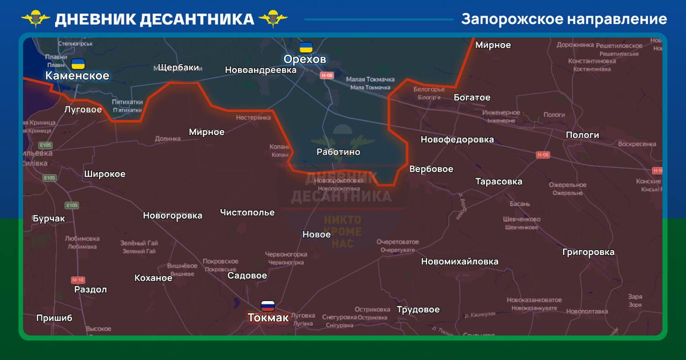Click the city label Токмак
(x=268, y=318)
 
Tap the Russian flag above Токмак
(x=268, y=306)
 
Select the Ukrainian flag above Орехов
(x=306, y=47)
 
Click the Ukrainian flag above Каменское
(x=78, y=64)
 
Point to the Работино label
(x=338, y=152)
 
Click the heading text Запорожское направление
(x=564, y=19)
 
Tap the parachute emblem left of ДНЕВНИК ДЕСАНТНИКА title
(x=36, y=19)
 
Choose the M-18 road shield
(x=78, y=280)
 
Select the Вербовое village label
(x=431, y=169)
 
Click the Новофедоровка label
(x=457, y=140)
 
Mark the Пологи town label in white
(x=582, y=135)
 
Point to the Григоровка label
(x=588, y=252)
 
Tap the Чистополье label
(x=247, y=213)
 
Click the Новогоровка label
(x=173, y=216)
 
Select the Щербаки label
(x=179, y=67)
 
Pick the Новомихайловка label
(x=459, y=262)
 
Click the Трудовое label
(x=418, y=310)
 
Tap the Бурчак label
(x=49, y=219)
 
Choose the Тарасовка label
(x=498, y=182)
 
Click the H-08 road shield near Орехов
(x=327, y=76)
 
